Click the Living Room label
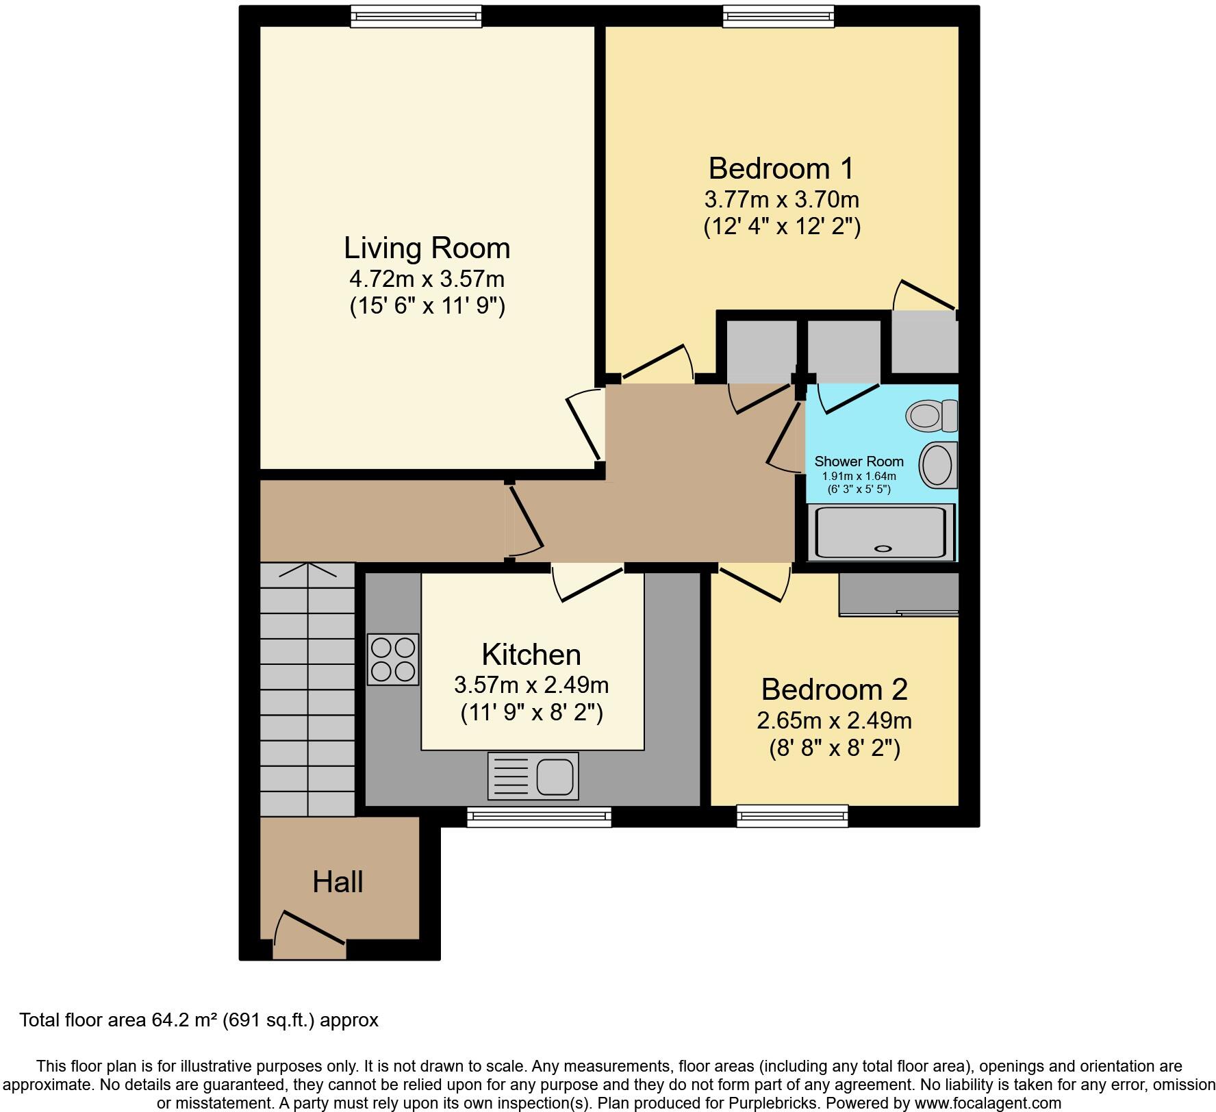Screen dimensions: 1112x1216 coord(427,248)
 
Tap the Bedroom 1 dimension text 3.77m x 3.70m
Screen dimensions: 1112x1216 coord(781,199)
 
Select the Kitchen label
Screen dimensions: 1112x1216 coord(531,655)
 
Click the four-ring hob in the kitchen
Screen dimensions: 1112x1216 coord(393,659)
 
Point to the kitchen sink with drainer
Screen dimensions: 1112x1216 coord(533,776)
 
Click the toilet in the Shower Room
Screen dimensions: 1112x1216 coord(931,415)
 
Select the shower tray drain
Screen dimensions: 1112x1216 coord(884,548)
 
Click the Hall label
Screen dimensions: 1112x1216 coord(338,882)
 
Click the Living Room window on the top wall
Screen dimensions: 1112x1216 coord(416,16)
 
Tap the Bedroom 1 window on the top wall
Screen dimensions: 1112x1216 coord(778,16)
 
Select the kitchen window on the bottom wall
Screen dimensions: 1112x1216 coord(539,816)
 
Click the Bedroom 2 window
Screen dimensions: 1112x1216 coord(792,816)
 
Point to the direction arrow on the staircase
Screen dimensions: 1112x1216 coord(307,571)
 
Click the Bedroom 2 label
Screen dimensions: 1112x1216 coord(834,690)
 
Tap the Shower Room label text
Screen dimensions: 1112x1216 coord(859,462)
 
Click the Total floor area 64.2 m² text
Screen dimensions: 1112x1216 coord(199,1020)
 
